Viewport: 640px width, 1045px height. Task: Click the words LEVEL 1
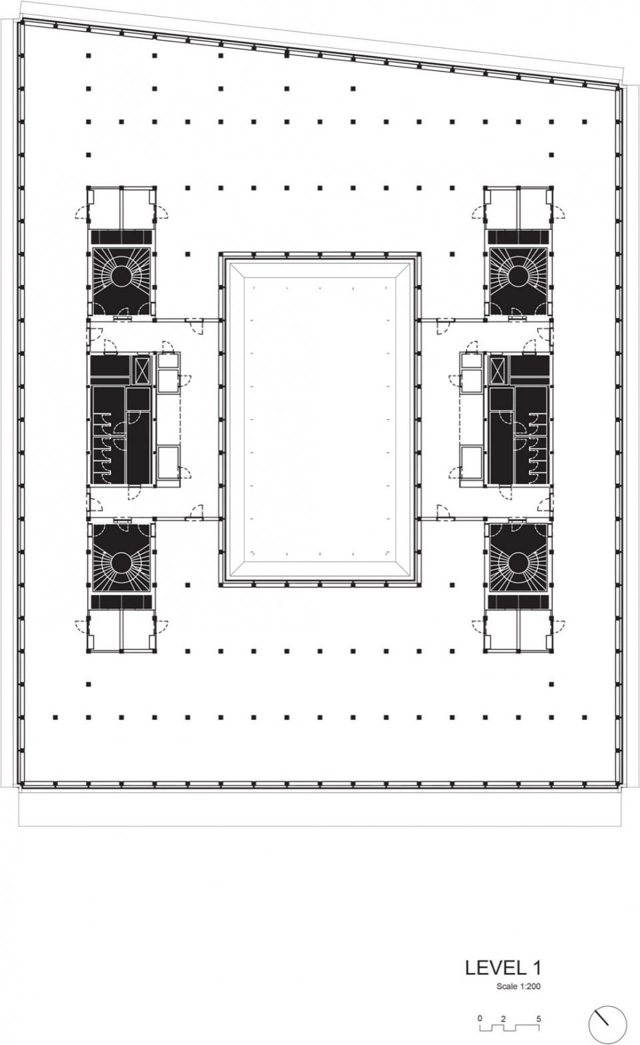click(x=503, y=968)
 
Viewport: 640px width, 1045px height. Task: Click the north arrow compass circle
click(x=608, y=1023)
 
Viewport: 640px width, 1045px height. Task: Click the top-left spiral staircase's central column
click(x=121, y=276)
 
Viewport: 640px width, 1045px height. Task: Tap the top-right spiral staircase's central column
click(x=518, y=276)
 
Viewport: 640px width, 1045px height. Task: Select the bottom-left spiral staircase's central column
click(x=121, y=562)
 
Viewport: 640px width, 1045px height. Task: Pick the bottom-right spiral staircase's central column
click(x=518, y=562)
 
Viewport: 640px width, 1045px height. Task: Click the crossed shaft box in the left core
click(x=142, y=370)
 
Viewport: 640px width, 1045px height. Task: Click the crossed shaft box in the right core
click(x=497, y=370)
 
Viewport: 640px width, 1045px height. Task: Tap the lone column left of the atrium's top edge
click(x=187, y=255)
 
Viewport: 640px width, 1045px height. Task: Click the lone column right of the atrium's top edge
click(x=453, y=255)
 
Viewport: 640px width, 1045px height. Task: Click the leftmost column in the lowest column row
click(x=55, y=717)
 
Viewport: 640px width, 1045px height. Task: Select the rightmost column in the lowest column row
click(x=585, y=717)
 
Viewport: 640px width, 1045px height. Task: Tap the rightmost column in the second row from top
click(x=353, y=88)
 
